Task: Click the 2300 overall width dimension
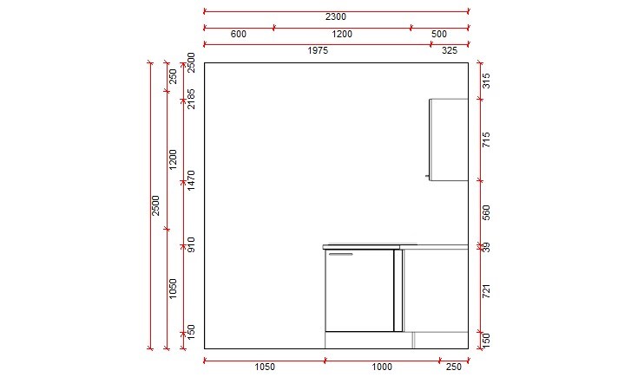click(336, 16)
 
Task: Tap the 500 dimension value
click(439, 34)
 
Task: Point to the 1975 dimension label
click(318, 51)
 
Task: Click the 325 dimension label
click(450, 51)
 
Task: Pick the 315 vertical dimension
click(487, 81)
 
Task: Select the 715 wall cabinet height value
click(487, 139)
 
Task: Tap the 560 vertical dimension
click(487, 213)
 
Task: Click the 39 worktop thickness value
click(487, 247)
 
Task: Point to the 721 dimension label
click(487, 291)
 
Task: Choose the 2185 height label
click(191, 98)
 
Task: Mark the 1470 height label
click(191, 180)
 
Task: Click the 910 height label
click(191, 245)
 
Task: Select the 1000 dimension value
click(382, 367)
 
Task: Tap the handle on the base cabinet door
click(341, 255)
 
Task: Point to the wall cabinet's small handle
click(427, 176)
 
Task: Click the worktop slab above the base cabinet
click(369, 246)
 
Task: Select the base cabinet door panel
click(359, 290)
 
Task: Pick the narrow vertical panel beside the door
click(398, 290)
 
